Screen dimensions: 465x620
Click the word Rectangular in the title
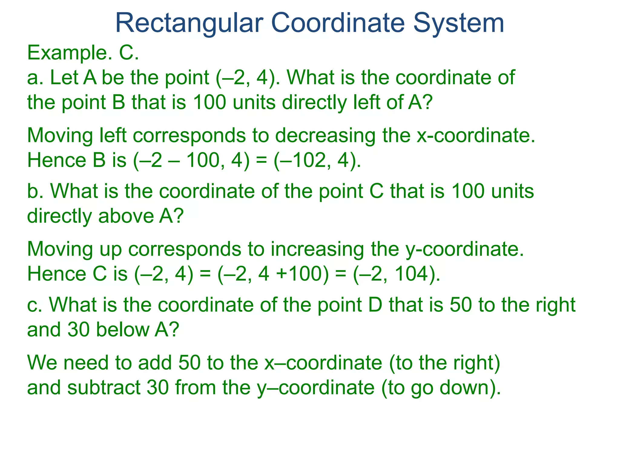(189, 23)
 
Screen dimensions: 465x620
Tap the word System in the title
(458, 23)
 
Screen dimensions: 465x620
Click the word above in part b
(126, 216)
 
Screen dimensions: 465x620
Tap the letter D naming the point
(376, 305)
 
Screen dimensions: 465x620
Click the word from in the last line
(195, 388)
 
